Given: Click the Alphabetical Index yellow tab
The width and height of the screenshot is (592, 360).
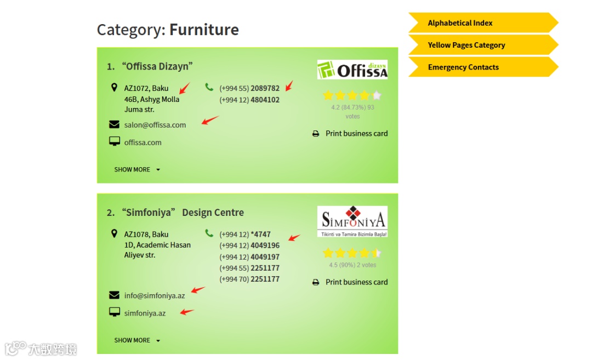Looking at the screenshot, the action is [x=460, y=23].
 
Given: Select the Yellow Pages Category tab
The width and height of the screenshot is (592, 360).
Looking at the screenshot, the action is [x=466, y=45].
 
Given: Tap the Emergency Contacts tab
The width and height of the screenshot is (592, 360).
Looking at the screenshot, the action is [x=463, y=67].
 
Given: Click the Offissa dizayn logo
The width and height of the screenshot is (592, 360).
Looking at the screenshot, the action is [x=352, y=70].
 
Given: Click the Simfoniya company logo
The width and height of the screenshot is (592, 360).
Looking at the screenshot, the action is [x=352, y=221].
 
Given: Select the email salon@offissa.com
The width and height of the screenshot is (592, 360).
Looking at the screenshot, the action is [x=155, y=125].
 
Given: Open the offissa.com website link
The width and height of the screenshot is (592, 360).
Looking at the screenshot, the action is [x=143, y=142].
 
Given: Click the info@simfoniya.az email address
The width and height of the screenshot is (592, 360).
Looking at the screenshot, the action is [x=155, y=296].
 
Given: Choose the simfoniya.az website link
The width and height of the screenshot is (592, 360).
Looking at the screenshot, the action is [x=145, y=313].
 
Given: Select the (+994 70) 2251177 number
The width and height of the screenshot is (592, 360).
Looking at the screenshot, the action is [x=249, y=279].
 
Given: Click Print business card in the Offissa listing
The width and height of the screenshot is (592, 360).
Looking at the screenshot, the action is [x=356, y=133].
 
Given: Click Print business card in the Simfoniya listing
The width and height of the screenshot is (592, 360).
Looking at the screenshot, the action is [x=356, y=282].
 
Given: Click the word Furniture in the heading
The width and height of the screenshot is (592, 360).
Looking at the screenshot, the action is [x=204, y=30].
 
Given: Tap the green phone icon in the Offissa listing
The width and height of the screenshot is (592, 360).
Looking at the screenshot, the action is [x=209, y=87].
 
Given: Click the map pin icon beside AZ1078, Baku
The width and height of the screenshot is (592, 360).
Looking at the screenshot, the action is [x=114, y=233].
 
